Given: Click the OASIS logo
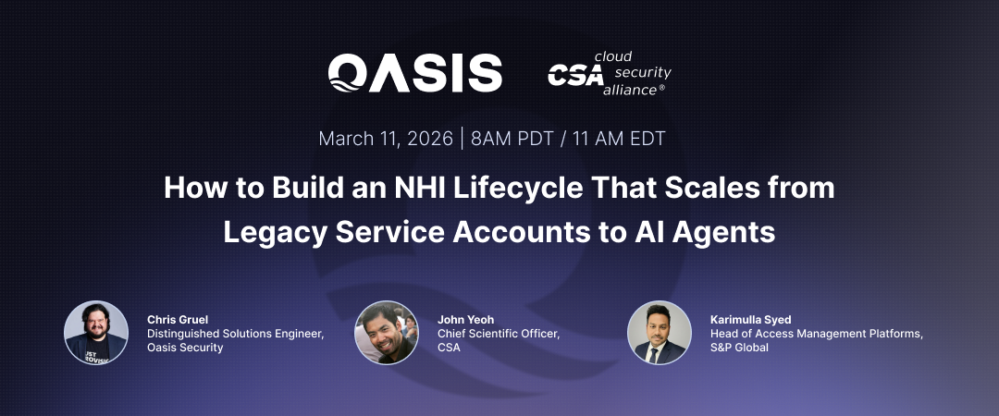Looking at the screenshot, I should (x=415, y=72).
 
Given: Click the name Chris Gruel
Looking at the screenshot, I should (x=178, y=320).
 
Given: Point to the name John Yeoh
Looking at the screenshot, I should (x=466, y=320).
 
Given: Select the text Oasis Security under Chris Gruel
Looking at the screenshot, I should (x=185, y=348).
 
